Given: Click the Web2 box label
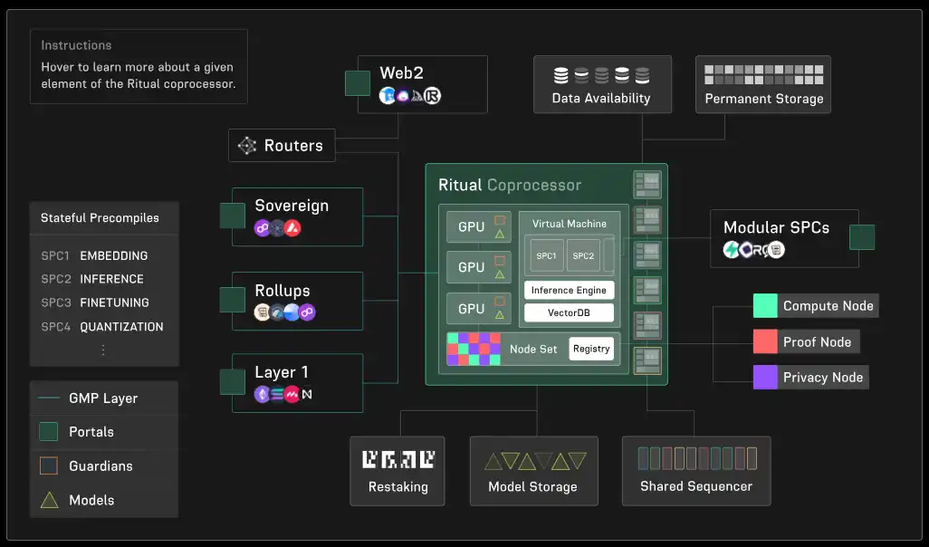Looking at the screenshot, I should pyautogui.click(x=402, y=72).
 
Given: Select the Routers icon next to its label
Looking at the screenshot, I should pyautogui.click(x=246, y=145).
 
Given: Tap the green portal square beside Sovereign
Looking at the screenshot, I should pyautogui.click(x=233, y=216).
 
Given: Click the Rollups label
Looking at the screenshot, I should pyautogui.click(x=282, y=291).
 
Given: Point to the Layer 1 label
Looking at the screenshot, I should pyautogui.click(x=282, y=372).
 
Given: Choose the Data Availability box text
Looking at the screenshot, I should pyautogui.click(x=601, y=98).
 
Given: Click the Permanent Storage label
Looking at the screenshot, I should pyautogui.click(x=764, y=99).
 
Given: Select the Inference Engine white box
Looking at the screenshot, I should pyautogui.click(x=569, y=290).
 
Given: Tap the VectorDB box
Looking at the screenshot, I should pyautogui.click(x=569, y=312).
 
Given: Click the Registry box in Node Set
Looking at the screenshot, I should pyautogui.click(x=591, y=349).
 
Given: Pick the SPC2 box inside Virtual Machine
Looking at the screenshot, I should pyautogui.click(x=583, y=255).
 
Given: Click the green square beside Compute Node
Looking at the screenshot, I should pyautogui.click(x=766, y=306).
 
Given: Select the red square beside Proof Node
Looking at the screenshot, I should pyautogui.click(x=766, y=341).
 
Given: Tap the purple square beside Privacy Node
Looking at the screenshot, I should pyautogui.click(x=766, y=377).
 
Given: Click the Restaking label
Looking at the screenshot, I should pyautogui.click(x=397, y=487).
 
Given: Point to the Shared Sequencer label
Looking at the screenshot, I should pyautogui.click(x=695, y=486).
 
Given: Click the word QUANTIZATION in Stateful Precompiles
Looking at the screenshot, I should pyautogui.click(x=121, y=326).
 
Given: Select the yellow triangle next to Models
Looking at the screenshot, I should pyautogui.click(x=49, y=500).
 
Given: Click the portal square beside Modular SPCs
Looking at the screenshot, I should pyautogui.click(x=861, y=237).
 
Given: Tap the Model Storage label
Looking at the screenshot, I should pyautogui.click(x=532, y=487).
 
